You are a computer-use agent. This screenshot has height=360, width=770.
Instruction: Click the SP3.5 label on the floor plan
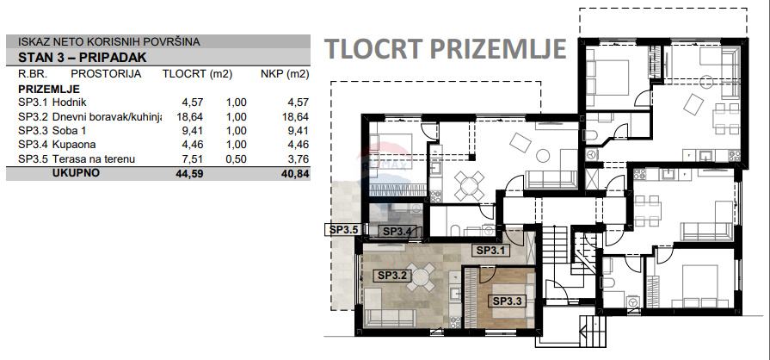343,229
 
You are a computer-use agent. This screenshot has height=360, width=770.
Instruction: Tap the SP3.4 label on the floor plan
399,231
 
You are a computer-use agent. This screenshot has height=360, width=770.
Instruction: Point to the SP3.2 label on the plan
391,276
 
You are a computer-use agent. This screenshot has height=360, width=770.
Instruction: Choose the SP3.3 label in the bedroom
508,301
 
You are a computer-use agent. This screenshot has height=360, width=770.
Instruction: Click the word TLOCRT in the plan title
373,49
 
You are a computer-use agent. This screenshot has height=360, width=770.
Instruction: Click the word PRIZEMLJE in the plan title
497,49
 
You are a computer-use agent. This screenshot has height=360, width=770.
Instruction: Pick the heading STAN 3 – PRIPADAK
83,58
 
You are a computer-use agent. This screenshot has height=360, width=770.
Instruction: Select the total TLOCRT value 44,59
189,173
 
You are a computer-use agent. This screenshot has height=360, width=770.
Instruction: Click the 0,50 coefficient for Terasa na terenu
237,158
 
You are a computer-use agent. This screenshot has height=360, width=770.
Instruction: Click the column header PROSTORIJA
106,74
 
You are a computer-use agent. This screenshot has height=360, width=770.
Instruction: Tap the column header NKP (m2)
286,74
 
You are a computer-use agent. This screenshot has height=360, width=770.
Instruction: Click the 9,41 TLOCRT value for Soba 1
193,131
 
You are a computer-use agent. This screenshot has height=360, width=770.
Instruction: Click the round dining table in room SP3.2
421,277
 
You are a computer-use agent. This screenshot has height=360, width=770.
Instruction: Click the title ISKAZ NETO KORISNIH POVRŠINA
109,42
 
